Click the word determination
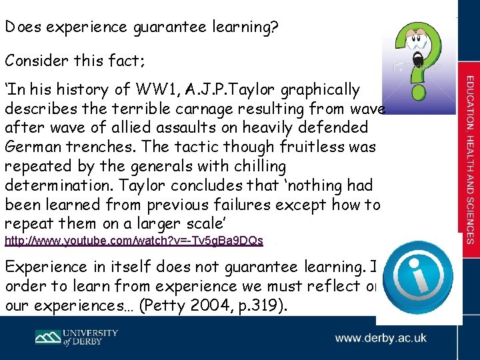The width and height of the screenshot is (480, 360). [57, 184]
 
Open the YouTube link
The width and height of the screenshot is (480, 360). [134, 240]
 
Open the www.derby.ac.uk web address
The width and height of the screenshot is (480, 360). [381, 338]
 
